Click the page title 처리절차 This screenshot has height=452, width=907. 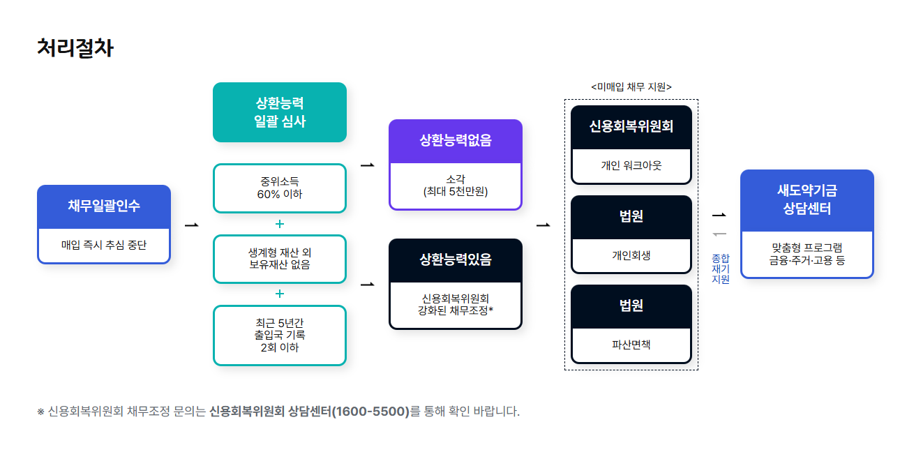click(75, 48)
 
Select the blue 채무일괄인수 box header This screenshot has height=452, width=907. click(104, 206)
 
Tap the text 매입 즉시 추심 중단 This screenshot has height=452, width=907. click(104, 246)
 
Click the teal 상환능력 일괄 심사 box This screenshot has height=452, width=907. click(280, 112)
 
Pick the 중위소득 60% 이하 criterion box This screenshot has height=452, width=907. click(280, 188)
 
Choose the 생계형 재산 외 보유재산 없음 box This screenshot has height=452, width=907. click(280, 259)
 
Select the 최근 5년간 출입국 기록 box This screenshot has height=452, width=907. click(280, 335)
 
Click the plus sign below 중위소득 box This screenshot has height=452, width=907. click(280, 224)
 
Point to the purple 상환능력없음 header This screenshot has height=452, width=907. click(456, 141)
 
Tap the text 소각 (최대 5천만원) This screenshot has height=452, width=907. click(456, 186)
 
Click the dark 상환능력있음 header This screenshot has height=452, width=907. click(456, 260)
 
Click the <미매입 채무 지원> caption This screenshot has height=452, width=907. click(631, 87)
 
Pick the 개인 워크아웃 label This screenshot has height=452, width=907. click(631, 166)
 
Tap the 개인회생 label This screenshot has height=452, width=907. click(631, 255)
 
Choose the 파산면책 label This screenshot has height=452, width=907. click(631, 345)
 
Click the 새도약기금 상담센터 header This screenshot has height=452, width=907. click(807, 199)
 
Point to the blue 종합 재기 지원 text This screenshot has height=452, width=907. click(720, 269)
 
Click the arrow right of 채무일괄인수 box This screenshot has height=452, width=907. click(192, 225)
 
